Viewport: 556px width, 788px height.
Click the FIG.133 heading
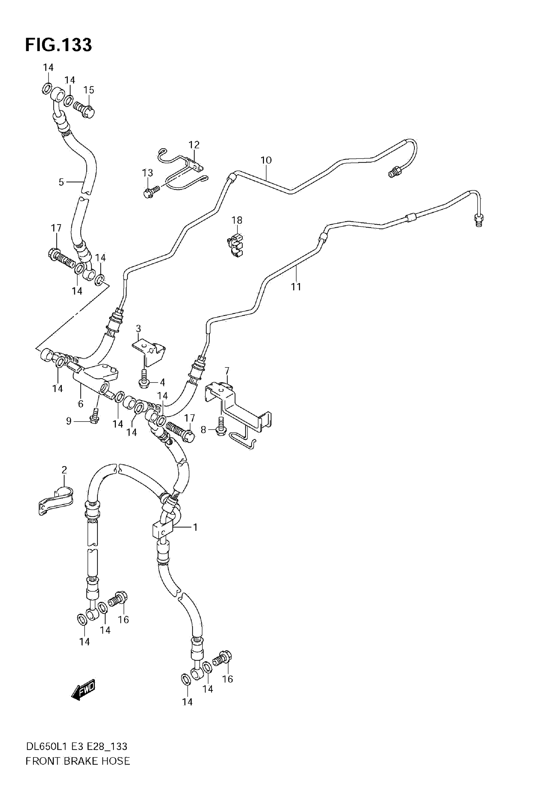click(58, 45)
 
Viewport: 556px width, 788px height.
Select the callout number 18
click(237, 220)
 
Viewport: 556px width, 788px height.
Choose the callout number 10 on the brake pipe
click(266, 160)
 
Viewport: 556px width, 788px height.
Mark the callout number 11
click(296, 286)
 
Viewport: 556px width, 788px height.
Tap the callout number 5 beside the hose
click(61, 182)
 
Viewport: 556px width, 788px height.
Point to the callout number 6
click(80, 403)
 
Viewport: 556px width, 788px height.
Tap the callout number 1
click(195, 527)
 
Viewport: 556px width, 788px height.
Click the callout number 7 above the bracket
click(227, 371)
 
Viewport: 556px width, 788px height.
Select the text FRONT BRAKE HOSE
click(78, 771)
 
